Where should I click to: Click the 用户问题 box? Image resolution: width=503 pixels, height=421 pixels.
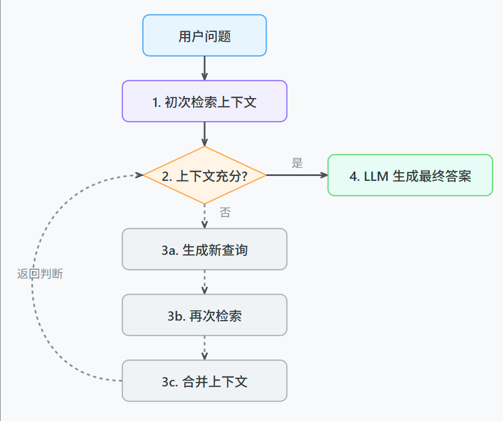pos(204,36)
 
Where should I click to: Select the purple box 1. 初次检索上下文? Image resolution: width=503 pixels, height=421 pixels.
pos(204,101)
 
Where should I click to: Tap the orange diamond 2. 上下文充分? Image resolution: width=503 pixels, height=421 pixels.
pos(204,175)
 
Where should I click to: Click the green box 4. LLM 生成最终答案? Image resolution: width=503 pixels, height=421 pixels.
pos(410,175)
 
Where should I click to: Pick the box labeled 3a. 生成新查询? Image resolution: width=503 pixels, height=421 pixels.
pos(204,249)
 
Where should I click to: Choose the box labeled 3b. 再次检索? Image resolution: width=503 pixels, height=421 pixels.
pos(204,315)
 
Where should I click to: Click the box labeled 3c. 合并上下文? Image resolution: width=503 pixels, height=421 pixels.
pos(204,381)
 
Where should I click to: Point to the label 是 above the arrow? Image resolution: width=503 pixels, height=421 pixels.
pos(297,163)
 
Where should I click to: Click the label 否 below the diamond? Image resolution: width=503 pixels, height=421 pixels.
pos(225,213)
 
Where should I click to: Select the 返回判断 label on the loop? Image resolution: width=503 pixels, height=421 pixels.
pos(40,274)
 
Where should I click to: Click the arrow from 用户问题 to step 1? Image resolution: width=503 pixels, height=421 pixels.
pos(204,68)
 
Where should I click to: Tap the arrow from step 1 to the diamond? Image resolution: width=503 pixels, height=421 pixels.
pos(204,134)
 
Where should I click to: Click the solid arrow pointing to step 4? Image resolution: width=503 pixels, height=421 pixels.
pos(296,175)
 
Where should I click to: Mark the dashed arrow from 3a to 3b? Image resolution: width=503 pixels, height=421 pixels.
pos(204,282)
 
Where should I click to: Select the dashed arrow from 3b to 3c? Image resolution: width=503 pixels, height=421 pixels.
pos(204,348)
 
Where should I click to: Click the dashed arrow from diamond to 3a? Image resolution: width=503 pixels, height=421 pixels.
pos(204,216)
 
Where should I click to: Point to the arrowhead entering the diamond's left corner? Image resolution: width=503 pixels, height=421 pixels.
pos(138,175)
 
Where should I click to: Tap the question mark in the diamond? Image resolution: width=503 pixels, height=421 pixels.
pos(243,177)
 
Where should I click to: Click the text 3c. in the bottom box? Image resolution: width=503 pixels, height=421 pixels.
pos(169,382)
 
